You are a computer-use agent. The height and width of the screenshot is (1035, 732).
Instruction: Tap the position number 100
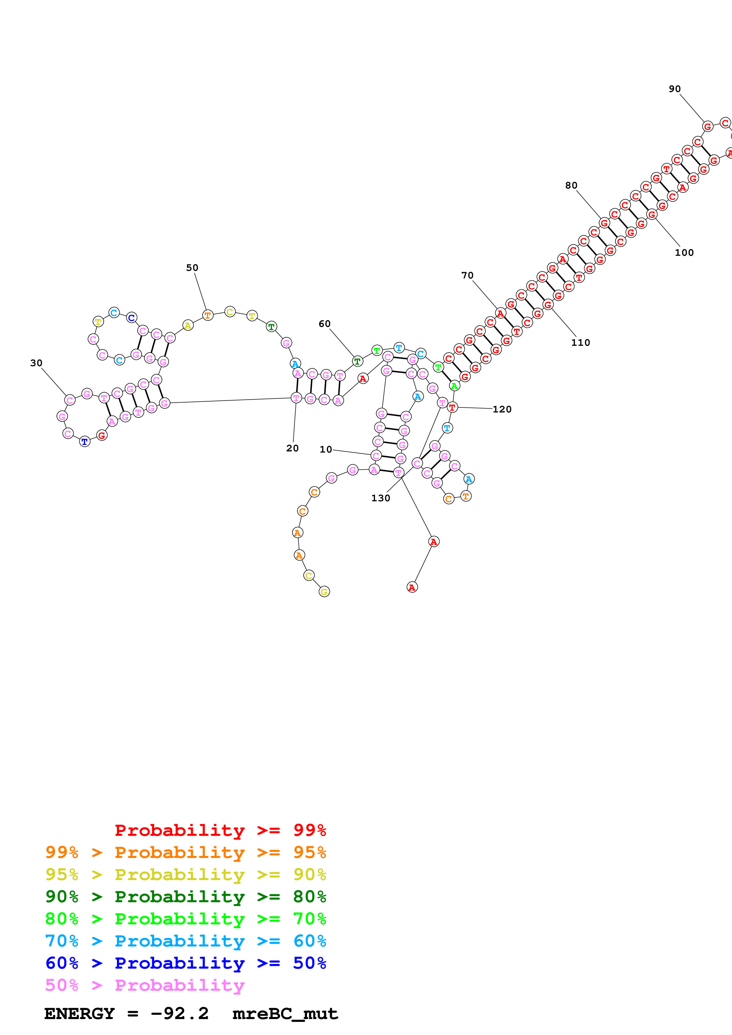[684, 253]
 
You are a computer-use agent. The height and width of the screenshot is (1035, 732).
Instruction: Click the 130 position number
[380, 498]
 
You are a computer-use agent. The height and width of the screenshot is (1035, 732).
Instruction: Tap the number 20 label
[292, 448]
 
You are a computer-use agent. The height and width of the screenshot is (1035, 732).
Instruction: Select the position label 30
[36, 363]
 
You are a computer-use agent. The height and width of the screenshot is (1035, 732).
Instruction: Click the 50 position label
[192, 268]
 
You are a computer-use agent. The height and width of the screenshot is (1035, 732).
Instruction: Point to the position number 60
[324, 324]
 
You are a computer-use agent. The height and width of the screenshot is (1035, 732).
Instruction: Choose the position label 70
[467, 276]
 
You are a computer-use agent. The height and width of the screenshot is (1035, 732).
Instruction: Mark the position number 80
[571, 185]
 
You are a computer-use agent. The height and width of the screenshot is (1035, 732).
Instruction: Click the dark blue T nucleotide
[84, 442]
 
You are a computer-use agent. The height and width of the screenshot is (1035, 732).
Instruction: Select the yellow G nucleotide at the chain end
[324, 592]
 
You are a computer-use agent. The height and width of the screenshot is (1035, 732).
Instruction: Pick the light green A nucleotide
[454, 386]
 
